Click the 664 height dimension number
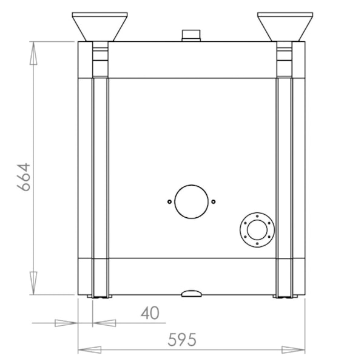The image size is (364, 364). coord(23,177)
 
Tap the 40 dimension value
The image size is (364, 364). coord(149,313)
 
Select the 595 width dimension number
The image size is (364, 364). coord(182,340)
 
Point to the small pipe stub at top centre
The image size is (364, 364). coord(190,35)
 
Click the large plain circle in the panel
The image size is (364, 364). coord(190,201)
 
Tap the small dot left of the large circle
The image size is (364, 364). coord(169,201)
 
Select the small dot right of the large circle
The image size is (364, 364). coord(213,201)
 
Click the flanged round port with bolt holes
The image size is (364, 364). coord(257,231)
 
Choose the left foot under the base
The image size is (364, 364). coord(99,297)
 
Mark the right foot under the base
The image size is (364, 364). coord(285,297)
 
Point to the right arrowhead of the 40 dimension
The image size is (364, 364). coord(104,323)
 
